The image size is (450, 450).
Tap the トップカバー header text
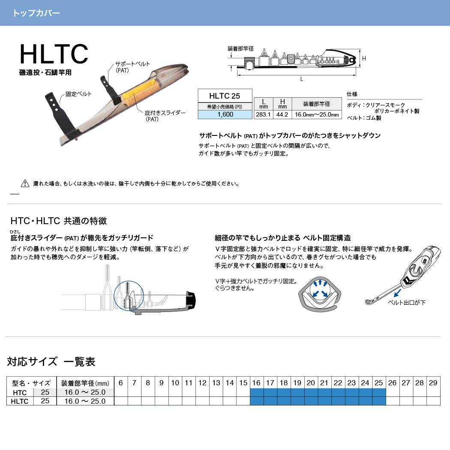36,13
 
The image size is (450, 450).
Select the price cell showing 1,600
225,114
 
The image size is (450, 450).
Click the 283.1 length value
262,114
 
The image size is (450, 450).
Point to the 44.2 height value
282,114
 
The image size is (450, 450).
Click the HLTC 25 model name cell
225,96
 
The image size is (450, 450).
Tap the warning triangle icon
25,183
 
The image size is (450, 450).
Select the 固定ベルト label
78,93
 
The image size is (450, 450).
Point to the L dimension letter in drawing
302,79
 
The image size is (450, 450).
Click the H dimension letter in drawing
363,58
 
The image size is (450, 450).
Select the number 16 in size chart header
256,383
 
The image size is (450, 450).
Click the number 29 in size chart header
433,383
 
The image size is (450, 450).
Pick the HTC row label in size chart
20,393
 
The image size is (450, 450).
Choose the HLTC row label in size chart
20,401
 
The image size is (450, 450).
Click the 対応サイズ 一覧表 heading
51,362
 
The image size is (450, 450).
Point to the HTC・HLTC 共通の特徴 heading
59,221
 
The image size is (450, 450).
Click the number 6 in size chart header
121,383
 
